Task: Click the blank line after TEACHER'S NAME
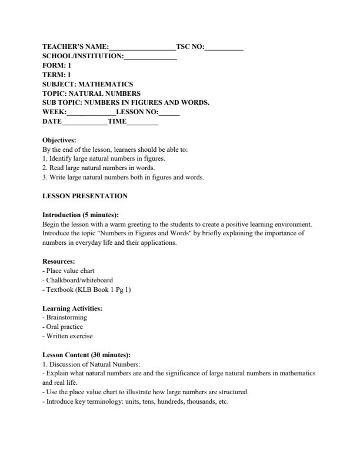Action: click(142, 46)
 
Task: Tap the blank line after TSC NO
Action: click(224, 46)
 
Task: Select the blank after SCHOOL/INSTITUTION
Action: click(151, 56)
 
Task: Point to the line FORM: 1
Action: click(57, 65)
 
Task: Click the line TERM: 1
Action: click(57, 75)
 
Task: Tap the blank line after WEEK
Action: click(92, 112)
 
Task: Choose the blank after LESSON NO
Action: click(169, 112)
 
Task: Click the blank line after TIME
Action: click(143, 122)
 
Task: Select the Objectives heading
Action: click(59, 141)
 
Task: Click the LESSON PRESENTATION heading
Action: click(85, 196)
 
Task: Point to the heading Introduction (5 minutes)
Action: click(85, 215)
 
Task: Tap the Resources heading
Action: click(59, 261)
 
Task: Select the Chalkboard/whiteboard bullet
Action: click(78, 280)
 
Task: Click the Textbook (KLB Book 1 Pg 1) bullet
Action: click(87, 289)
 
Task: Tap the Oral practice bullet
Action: click(63, 327)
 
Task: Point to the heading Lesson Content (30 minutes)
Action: click(86, 355)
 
